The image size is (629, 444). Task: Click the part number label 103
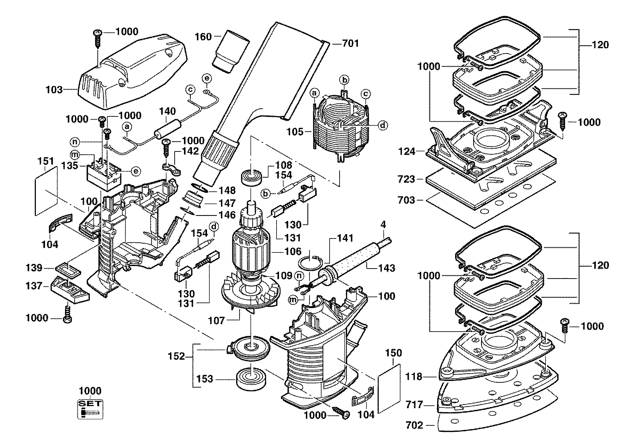pos(54,90)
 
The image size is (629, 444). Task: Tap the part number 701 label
pos(350,44)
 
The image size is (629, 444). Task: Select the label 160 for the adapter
pos(203,37)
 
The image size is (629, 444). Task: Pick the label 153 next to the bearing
pos(205,379)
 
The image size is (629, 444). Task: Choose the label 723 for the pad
pos(406,179)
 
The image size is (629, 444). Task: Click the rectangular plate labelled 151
pos(47,190)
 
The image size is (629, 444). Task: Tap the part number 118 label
pos(414,377)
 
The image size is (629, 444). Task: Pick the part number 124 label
pos(406,151)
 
